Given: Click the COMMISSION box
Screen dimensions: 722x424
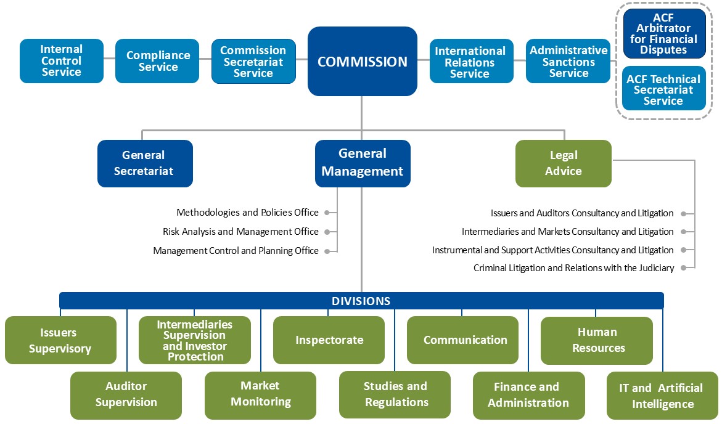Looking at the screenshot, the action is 363,61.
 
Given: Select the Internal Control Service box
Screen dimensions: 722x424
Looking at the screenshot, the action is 62,61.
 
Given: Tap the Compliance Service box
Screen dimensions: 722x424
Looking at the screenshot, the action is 157,61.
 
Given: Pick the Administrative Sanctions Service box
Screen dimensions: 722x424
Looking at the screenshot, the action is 568,61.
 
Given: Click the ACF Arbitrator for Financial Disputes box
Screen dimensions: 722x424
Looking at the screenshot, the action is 664,34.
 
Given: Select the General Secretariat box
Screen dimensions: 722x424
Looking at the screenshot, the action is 145,163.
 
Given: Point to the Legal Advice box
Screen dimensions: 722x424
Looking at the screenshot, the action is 564,163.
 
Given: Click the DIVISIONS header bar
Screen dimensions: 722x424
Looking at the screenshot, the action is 361,301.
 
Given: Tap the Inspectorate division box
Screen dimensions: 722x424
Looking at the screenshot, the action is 329,340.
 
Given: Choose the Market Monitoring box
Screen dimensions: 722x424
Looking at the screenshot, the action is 261,395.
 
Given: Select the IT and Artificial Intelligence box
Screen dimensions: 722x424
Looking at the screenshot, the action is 662,396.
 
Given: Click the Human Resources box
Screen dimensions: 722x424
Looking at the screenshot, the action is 597,340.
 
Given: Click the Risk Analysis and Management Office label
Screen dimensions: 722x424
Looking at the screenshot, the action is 240,232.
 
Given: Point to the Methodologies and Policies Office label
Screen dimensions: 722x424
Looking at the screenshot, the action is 247,212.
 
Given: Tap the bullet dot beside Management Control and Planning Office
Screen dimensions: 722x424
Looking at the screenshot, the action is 327,251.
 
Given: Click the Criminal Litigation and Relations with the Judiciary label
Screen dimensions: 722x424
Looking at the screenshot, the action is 574,268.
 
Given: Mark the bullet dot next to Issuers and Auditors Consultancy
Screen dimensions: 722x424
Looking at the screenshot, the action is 684,214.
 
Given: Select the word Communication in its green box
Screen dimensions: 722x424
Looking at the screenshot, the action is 465,340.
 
